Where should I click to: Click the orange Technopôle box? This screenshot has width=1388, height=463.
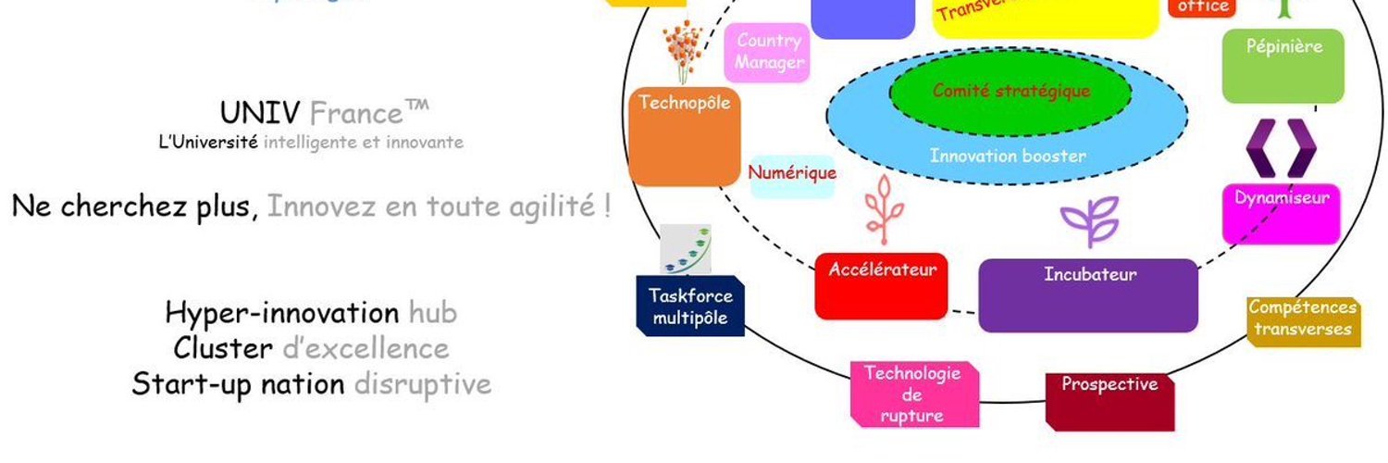[x=685, y=137]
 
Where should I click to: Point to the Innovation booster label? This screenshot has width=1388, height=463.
[x=1008, y=156]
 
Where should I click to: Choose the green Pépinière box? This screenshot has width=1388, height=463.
[x=1283, y=65]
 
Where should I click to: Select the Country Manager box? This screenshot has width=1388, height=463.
[x=770, y=53]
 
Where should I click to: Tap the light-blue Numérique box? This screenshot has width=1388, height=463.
[x=792, y=175]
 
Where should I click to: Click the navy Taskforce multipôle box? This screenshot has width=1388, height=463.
[x=690, y=307]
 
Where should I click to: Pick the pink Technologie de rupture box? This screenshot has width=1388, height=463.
[x=912, y=394]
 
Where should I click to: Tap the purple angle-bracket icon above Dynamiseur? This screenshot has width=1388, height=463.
[x=1280, y=148]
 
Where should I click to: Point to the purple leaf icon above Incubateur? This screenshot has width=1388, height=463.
[x=1089, y=223]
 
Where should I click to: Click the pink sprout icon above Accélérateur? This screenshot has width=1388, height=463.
[x=881, y=206]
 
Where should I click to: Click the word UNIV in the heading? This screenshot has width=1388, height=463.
[x=259, y=114]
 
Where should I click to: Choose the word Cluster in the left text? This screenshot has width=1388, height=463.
[x=222, y=349]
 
